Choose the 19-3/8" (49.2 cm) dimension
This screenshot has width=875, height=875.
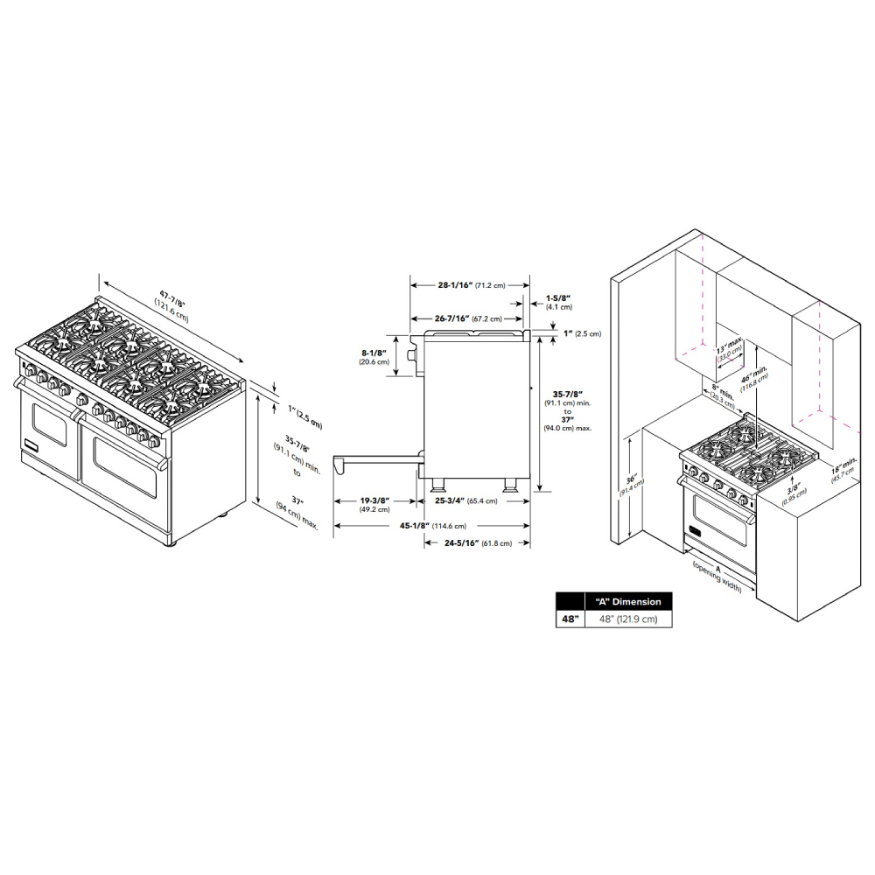click(x=374, y=505)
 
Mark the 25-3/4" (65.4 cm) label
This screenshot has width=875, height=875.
click(x=466, y=501)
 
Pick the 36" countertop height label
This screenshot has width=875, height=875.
click(x=634, y=484)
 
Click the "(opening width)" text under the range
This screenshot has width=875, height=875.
click(x=717, y=578)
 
